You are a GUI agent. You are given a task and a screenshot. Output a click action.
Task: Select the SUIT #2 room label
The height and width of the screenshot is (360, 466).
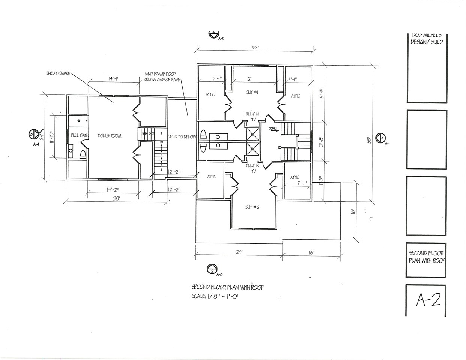point(252,207)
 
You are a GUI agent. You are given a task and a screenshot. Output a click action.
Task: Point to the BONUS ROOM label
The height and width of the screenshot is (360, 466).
point(110,136)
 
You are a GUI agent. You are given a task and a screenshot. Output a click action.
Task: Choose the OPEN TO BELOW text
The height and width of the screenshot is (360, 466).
point(182,137)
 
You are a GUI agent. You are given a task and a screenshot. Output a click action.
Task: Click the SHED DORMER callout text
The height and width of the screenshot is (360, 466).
point(58,73)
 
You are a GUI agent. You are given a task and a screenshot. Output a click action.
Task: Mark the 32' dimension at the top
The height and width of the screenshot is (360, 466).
point(256,48)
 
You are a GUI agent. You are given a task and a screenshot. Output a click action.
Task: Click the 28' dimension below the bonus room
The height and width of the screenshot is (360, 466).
point(117,199)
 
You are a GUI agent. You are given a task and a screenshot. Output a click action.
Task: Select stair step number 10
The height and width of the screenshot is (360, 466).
point(161,142)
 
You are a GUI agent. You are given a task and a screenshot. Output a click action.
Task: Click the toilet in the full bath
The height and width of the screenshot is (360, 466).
point(83,154)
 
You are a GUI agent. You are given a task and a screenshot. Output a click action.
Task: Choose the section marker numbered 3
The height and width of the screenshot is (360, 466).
point(33,133)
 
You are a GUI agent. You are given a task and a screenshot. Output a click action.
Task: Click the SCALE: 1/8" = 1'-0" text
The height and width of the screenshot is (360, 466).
point(215,296)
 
